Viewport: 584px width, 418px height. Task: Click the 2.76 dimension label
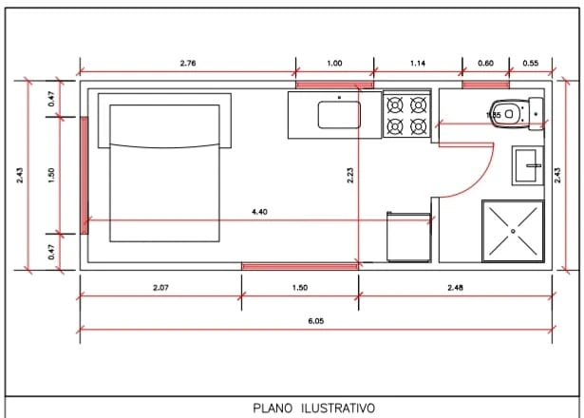(188, 63)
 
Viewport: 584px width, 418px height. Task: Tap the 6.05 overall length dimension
(316, 321)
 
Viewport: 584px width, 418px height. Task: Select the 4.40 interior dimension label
(259, 212)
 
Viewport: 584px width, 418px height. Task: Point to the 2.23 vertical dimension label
(350, 176)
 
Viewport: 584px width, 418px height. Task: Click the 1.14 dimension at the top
(418, 63)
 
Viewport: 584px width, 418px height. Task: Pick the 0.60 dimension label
(485, 63)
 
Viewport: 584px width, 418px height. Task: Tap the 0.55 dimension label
(530, 63)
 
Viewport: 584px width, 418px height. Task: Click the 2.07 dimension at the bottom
(160, 287)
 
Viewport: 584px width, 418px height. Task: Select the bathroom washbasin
(525, 166)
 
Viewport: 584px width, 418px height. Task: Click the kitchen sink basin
(338, 114)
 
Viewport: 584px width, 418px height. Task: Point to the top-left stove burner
(395, 104)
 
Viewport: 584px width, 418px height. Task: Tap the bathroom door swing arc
(481, 176)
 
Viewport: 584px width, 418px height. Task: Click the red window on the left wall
(84, 176)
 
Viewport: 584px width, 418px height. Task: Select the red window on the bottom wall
(300, 267)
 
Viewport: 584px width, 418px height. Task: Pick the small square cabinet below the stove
(408, 237)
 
